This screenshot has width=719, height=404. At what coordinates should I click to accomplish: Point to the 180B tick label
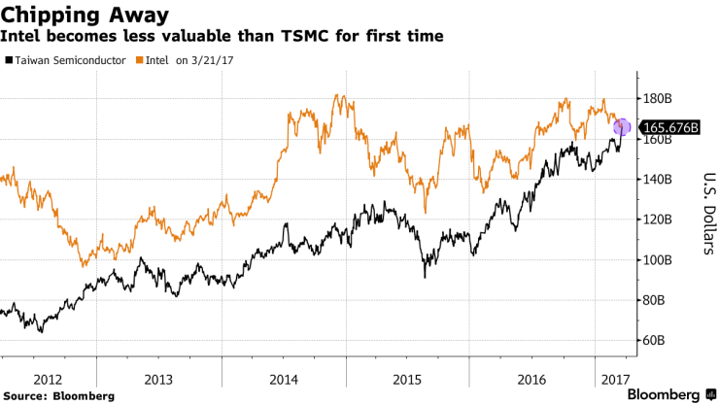[659, 98]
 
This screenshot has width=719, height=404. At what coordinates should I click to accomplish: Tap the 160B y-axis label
[659, 140]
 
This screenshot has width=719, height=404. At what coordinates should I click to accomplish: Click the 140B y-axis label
[659, 180]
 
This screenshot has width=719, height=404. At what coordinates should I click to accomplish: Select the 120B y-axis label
[659, 219]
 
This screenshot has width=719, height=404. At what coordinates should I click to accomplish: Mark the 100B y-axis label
[659, 260]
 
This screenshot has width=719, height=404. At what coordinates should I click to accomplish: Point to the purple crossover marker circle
[623, 127]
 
